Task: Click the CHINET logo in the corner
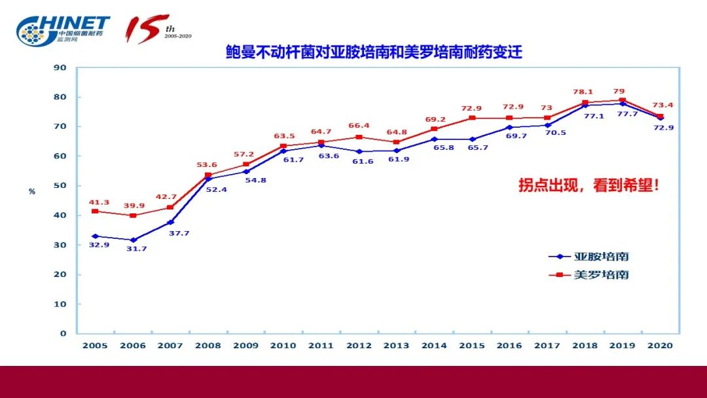[63, 29]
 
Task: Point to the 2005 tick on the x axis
[94, 345]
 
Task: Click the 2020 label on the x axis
[660, 345]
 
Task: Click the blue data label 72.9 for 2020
[662, 128]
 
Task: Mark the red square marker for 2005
[95, 211]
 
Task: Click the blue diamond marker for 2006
[133, 240]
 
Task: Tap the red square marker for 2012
[359, 137]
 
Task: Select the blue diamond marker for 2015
[472, 139]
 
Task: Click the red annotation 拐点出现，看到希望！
[589, 185]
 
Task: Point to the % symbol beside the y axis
[31, 191]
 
